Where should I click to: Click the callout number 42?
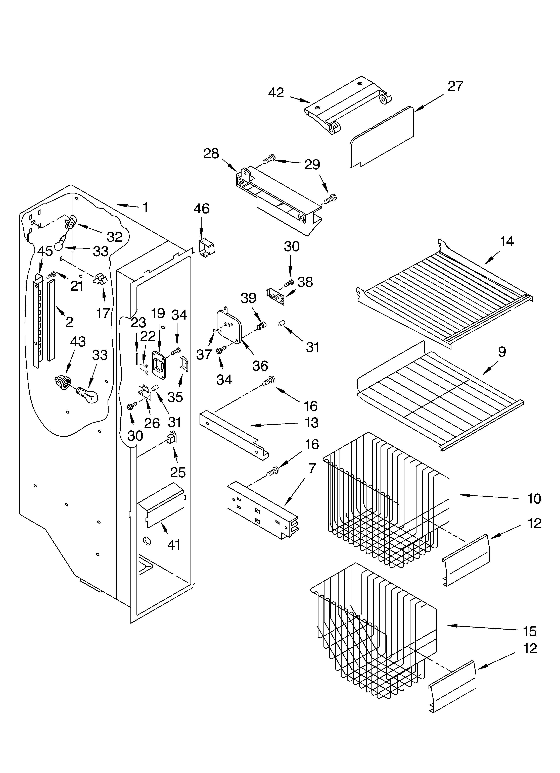(x=276, y=93)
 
